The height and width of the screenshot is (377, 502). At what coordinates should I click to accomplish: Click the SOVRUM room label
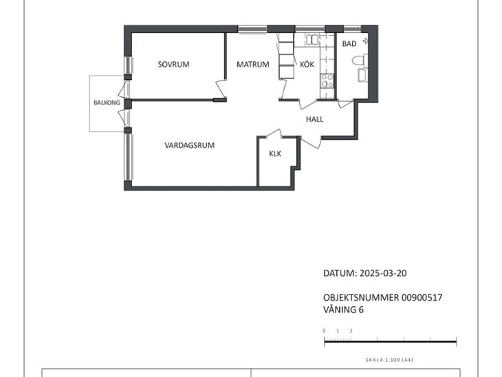tap(173, 65)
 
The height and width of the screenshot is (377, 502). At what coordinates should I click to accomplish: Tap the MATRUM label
tap(253, 65)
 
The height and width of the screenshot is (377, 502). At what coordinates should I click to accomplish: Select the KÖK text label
tap(307, 64)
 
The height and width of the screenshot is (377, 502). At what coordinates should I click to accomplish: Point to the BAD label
tap(349, 44)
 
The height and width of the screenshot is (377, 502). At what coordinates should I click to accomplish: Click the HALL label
tap(314, 120)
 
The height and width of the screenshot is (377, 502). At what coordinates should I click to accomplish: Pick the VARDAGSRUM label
tap(190, 145)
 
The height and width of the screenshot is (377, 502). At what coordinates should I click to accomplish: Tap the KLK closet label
tap(275, 153)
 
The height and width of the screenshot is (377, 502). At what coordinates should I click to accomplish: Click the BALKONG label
tap(107, 103)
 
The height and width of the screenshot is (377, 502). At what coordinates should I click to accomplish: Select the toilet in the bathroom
tap(360, 60)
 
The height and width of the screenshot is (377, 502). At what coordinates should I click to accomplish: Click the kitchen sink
tap(312, 40)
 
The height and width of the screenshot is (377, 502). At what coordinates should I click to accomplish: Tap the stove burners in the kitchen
tap(327, 81)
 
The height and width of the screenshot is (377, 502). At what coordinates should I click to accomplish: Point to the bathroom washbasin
tap(362, 75)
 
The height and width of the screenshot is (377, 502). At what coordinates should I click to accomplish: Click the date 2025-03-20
tap(383, 273)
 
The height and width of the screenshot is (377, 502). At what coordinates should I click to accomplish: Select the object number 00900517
tap(422, 298)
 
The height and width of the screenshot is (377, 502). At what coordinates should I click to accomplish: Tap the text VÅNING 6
tap(344, 310)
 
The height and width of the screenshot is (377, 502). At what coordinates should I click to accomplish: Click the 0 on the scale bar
tap(324, 331)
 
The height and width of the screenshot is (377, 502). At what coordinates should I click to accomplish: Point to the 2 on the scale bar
tap(351, 331)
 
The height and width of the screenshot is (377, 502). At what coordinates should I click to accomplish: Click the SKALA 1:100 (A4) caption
tap(389, 360)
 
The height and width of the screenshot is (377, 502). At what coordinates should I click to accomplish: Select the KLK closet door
tap(274, 133)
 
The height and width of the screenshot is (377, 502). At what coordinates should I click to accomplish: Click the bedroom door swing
tap(221, 89)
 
